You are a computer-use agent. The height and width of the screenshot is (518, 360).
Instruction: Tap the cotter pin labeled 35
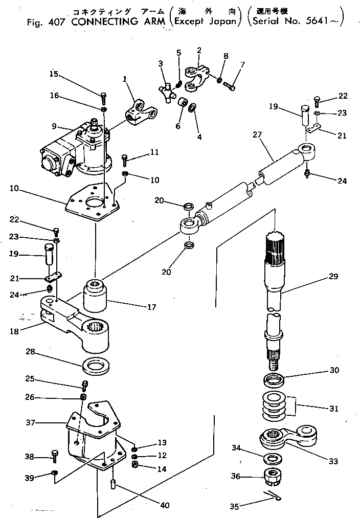coord(275,496)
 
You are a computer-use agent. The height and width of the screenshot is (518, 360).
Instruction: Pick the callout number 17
coord(151,307)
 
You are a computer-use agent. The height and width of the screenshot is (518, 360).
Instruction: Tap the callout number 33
coord(333,461)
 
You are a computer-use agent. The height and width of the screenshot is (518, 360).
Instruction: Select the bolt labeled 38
coord(55,453)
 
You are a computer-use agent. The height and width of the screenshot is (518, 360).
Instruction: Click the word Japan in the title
coord(223,21)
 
